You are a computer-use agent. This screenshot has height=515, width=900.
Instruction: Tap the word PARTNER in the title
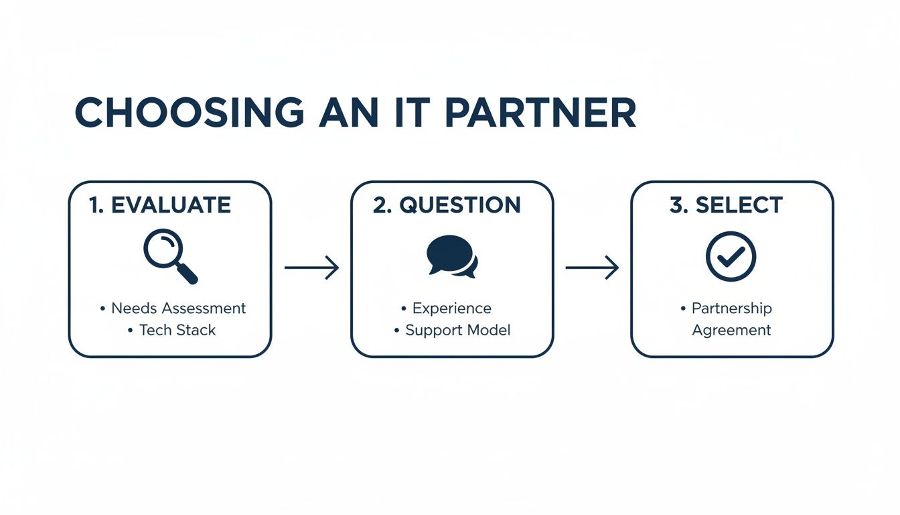click(x=540, y=113)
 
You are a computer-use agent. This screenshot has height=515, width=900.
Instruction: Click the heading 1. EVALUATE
click(x=160, y=205)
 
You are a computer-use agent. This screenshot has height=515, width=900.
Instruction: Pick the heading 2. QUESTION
click(x=447, y=205)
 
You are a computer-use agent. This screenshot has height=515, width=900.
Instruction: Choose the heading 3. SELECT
click(x=726, y=205)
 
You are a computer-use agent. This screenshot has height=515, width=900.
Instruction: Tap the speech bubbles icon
click(x=452, y=256)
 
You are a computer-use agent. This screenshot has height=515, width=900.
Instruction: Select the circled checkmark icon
click(x=731, y=256)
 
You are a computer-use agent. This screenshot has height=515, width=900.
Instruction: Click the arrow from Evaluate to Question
click(x=311, y=268)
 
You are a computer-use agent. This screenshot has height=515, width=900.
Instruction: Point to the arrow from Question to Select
click(x=592, y=268)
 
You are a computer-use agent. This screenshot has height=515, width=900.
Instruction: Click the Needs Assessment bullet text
click(x=178, y=308)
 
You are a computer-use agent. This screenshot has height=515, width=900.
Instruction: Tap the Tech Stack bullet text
click(x=177, y=330)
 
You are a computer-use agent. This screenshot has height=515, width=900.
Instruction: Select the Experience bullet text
click(x=451, y=308)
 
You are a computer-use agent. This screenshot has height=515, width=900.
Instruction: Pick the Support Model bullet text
click(x=457, y=330)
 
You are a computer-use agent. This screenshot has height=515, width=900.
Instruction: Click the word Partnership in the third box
click(x=731, y=308)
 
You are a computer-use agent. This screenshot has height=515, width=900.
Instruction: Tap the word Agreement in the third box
click(x=731, y=330)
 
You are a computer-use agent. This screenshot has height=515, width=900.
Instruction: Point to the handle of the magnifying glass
click(x=187, y=274)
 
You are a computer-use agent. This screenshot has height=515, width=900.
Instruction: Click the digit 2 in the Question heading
click(x=380, y=205)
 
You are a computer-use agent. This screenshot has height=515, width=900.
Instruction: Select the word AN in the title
click(x=346, y=113)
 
